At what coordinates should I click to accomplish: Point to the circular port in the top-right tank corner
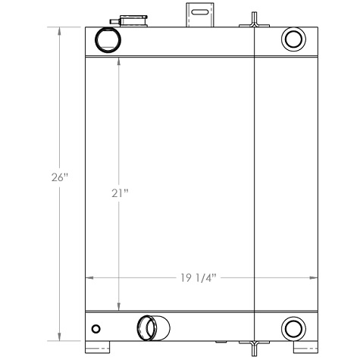tap(292, 38)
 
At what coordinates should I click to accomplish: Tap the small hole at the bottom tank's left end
tap(95, 329)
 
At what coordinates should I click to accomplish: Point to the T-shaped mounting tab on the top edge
tap(252, 21)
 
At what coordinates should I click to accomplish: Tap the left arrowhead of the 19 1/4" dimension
tap(89, 277)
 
